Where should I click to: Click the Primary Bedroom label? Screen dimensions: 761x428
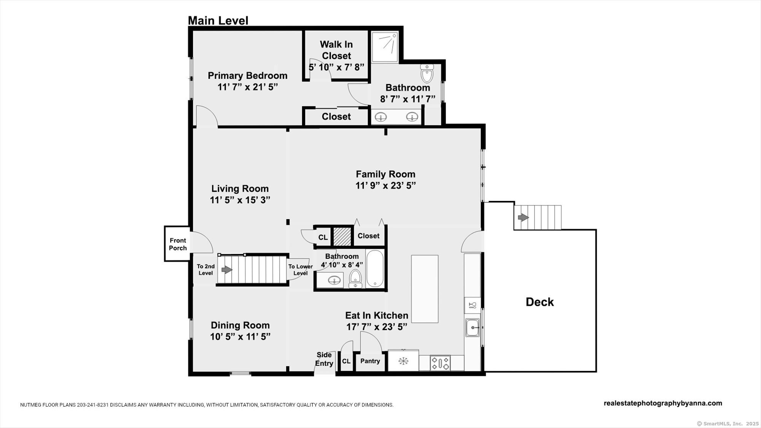(247, 76)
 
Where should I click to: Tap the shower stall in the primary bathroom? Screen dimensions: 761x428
(385, 47)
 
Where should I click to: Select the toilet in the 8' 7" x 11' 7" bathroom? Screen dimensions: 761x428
(427, 73)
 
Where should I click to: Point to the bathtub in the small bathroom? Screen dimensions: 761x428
(375, 269)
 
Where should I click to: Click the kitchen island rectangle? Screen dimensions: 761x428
(425, 289)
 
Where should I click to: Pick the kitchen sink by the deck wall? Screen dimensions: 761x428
(473, 327)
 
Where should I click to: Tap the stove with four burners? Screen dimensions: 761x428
(440, 363)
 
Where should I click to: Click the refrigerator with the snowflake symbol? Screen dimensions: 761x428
(403, 360)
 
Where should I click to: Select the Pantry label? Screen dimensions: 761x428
(370, 361)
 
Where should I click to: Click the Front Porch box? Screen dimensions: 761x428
(177, 244)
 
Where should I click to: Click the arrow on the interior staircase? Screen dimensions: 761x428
(227, 270)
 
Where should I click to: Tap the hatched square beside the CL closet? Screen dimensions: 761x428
(342, 237)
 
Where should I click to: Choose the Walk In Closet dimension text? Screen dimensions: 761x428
(336, 67)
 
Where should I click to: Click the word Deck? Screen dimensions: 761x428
(540, 302)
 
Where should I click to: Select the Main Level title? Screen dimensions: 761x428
(218, 21)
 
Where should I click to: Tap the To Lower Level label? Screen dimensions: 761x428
(300, 270)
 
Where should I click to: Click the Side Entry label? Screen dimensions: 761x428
(324, 359)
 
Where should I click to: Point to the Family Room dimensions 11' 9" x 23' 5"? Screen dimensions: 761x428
(385, 186)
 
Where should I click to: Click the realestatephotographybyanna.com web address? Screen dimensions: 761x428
(663, 403)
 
